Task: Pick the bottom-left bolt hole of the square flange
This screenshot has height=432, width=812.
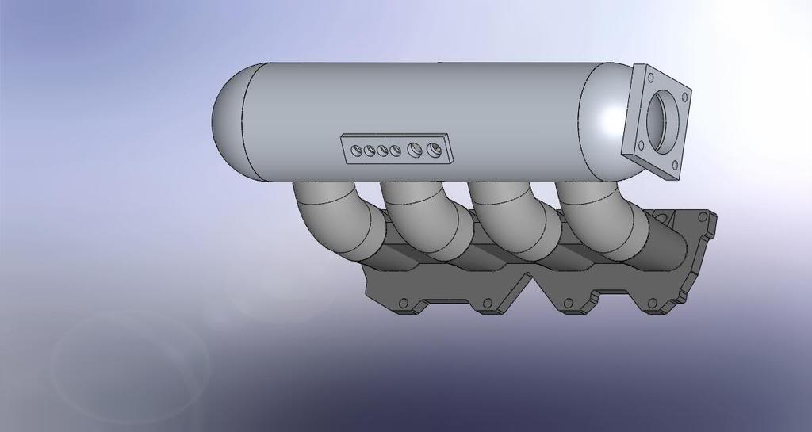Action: point(639,143)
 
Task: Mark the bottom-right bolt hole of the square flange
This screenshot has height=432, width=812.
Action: point(673,166)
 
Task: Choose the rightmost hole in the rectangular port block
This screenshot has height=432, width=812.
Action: point(433,149)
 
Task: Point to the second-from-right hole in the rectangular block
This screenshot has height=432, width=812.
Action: point(414,149)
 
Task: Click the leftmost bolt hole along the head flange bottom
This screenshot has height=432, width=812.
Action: point(403,303)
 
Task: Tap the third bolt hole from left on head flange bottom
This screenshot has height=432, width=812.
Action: point(567,303)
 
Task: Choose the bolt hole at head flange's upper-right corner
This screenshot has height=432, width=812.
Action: point(703,216)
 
